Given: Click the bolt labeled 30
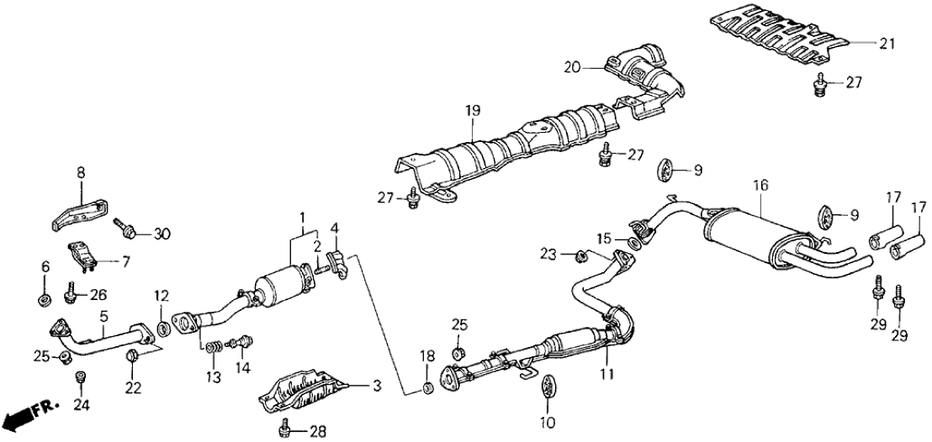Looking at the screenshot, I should click(122, 224).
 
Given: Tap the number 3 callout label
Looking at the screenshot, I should click(377, 387).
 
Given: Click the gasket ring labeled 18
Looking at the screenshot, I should click(427, 387).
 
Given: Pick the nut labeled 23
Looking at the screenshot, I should click(580, 253).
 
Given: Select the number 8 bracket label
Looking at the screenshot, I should click(81, 171).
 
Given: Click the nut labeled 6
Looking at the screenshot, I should click(42, 297).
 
